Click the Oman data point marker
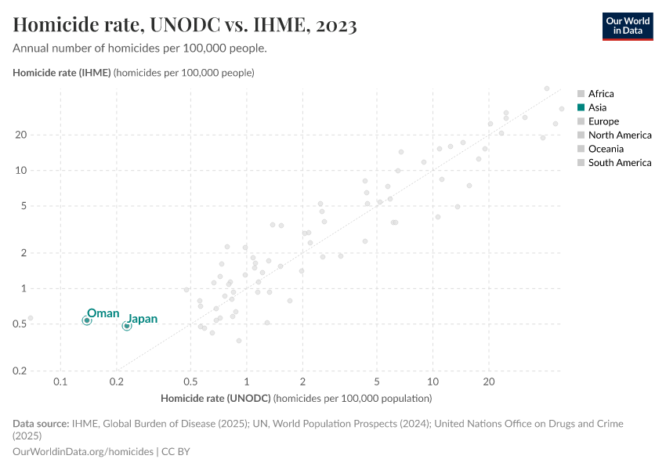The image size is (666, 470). [87, 320]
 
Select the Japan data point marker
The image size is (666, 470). [127, 326]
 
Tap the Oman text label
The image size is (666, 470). [103, 313]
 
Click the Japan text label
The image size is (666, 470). [143, 319]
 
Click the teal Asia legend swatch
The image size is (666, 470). [581, 107]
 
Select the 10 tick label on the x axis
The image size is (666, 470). [433, 381]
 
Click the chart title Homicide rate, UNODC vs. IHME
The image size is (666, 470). [185, 26]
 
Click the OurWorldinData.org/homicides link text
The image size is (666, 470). [83, 452]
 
